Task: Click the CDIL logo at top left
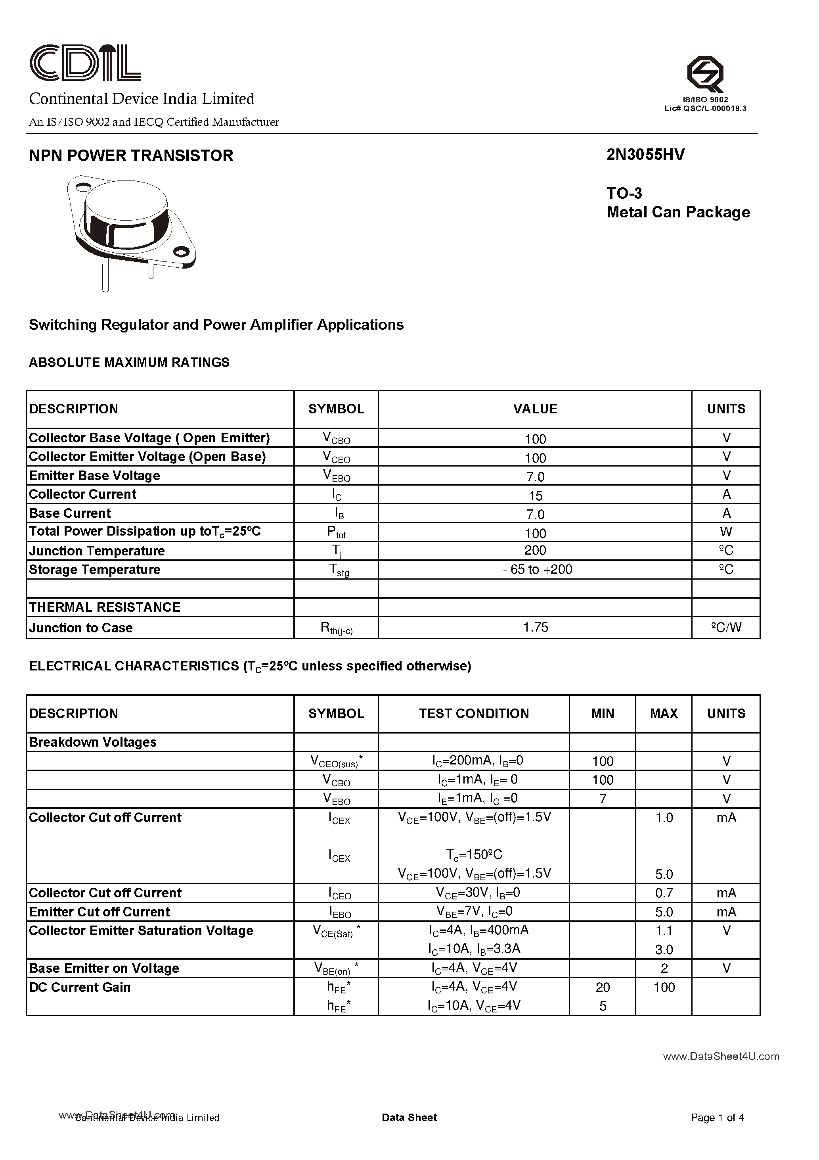click(x=85, y=63)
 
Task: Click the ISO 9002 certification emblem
click(x=705, y=74)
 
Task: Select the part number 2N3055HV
click(x=645, y=155)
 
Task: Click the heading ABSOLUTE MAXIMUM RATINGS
click(x=129, y=362)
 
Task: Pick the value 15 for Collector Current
click(x=535, y=495)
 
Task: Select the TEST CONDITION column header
click(x=474, y=713)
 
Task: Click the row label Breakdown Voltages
click(x=93, y=742)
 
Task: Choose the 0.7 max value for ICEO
click(x=664, y=893)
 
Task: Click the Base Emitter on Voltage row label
click(x=104, y=968)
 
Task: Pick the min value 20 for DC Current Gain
click(x=603, y=987)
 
